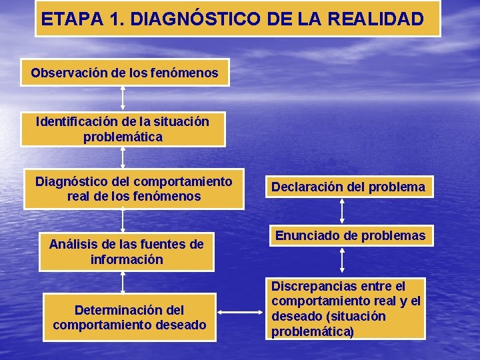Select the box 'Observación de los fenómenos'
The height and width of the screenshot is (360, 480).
pyautogui.click(x=125, y=73)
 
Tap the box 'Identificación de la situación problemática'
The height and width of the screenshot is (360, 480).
pyautogui.click(x=123, y=129)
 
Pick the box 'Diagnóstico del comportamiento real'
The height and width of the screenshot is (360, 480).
pyautogui.click(x=133, y=189)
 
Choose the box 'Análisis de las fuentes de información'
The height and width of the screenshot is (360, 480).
pyautogui.click(x=127, y=251)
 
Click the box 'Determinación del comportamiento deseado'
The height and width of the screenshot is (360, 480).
pyautogui.click(x=130, y=317)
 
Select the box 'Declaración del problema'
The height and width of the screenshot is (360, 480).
pyautogui.click(x=347, y=187)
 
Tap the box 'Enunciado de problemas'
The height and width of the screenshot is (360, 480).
pyautogui.click(x=350, y=235)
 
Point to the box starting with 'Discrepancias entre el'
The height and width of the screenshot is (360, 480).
pyautogui.click(x=346, y=309)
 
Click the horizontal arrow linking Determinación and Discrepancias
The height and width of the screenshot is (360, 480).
pyautogui.click(x=241, y=311)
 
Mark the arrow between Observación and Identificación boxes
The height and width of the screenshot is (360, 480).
pyautogui.click(x=123, y=97)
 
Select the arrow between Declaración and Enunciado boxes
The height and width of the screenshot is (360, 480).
pyautogui.click(x=342, y=211)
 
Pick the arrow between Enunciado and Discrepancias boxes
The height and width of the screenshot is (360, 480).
pyautogui.click(x=342, y=261)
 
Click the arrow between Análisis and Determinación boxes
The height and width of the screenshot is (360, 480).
pyautogui.click(x=123, y=282)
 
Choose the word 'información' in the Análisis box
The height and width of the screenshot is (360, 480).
pyautogui.click(x=127, y=259)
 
